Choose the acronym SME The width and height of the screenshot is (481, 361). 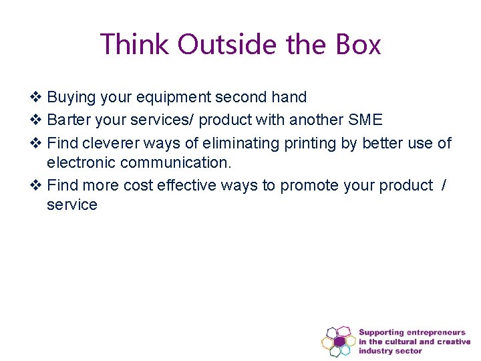point(365,120)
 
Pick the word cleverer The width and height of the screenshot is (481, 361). point(110,144)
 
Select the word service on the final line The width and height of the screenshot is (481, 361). point(72,205)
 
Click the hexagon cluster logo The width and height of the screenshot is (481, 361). point(338,341)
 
